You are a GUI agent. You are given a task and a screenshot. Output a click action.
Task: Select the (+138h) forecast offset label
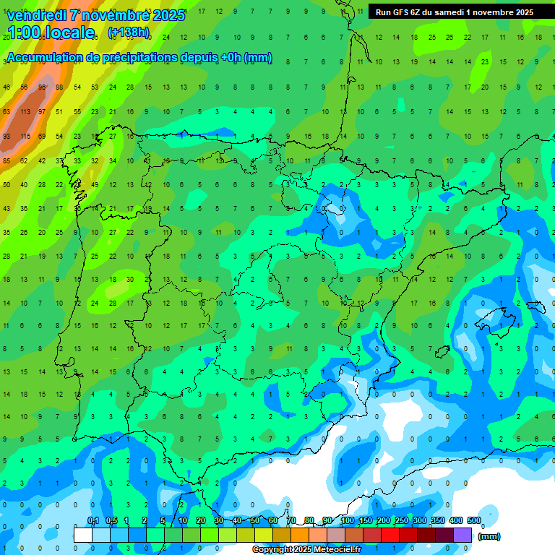(x=129, y=33)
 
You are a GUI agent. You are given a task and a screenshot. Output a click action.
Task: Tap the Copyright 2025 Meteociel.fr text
(x=306, y=550)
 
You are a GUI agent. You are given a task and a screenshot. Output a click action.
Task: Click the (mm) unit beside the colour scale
(x=489, y=536)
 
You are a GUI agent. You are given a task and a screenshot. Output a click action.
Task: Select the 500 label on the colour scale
(x=474, y=521)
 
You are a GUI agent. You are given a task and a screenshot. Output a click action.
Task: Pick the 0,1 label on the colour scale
(x=93, y=521)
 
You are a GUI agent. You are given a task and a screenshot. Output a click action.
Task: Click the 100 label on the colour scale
(x=348, y=521)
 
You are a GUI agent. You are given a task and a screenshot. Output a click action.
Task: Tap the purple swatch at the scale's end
(x=462, y=535)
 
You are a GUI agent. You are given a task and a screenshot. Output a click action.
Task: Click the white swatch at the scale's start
(x=83, y=535)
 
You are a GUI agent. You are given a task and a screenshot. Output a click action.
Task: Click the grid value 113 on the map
(x=25, y=112)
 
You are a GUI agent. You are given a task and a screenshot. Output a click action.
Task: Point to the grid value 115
(x=25, y=137)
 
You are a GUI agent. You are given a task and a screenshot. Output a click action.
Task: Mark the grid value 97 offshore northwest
(x=43, y=112)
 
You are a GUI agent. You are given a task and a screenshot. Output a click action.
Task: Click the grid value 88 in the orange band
(x=60, y=87)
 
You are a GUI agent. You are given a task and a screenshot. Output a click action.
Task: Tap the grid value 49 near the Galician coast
(x=95, y=185)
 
